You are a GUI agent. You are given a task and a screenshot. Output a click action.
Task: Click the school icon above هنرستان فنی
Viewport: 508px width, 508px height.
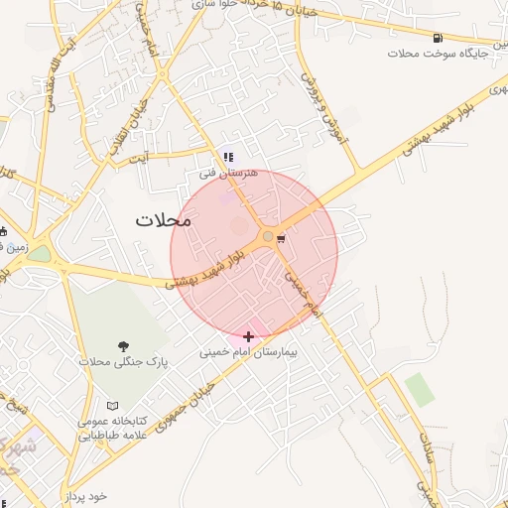pyautogui.click(x=229, y=156)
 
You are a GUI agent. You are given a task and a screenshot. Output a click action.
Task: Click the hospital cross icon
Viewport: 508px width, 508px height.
pyautogui.click(x=248, y=337)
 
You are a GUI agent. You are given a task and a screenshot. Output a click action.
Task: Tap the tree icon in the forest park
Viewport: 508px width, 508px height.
pyautogui.click(x=124, y=346)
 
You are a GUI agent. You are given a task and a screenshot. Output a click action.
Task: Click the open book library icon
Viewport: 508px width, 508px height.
pyautogui.click(x=112, y=406)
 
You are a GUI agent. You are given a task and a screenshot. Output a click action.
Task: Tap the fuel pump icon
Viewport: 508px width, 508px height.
pyautogui.click(x=437, y=39)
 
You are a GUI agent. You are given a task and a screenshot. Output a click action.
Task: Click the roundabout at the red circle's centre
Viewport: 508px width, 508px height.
pyautogui.click(x=268, y=236)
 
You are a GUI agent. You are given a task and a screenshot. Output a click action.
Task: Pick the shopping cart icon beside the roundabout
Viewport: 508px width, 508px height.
pyautogui.click(x=282, y=238)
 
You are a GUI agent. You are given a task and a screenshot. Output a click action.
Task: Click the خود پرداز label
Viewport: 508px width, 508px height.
pyautogui.click(x=83, y=495)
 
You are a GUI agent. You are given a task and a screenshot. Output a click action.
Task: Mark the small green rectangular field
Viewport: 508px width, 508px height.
pyautogui.click(x=420, y=389)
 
